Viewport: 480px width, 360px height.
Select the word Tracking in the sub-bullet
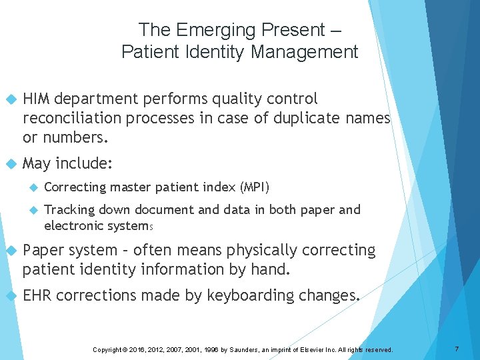pos(70,210)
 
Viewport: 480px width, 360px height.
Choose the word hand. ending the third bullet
pos(272,270)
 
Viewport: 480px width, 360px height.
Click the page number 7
pos(457,349)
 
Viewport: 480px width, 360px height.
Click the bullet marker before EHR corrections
pos(10,295)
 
